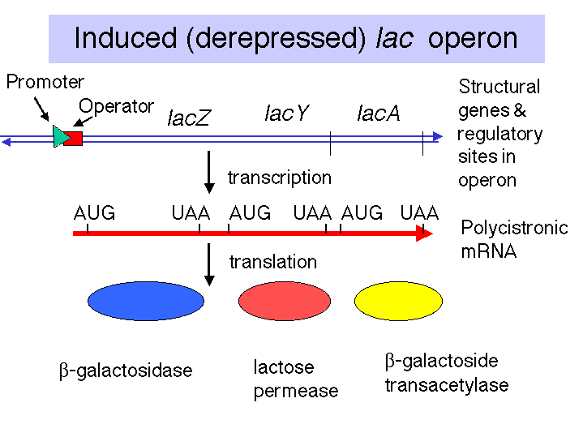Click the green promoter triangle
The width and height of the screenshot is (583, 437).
(61, 136)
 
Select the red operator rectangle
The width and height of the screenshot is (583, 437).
(74, 139)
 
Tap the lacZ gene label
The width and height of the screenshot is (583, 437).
(189, 118)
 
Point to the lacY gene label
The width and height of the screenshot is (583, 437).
(287, 113)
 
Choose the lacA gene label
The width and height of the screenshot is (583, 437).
(379, 113)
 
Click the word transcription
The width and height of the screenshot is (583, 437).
(280, 178)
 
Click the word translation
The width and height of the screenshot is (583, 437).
(273, 262)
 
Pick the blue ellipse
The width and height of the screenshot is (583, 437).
(146, 301)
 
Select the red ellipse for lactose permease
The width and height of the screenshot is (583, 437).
(285, 301)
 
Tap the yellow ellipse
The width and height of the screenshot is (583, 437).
(398, 301)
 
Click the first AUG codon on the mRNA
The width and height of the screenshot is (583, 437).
(94, 213)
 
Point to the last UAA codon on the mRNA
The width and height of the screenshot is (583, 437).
(419, 213)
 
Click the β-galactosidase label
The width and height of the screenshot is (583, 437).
(126, 371)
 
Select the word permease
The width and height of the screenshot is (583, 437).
(296, 392)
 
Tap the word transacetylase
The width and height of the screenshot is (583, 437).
(447, 385)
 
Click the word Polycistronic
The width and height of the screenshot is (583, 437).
(515, 228)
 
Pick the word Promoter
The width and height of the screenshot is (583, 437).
(45, 82)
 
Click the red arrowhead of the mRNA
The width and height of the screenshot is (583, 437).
(424, 233)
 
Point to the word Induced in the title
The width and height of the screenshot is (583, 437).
(126, 38)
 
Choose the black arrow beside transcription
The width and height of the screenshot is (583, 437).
(209, 172)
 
